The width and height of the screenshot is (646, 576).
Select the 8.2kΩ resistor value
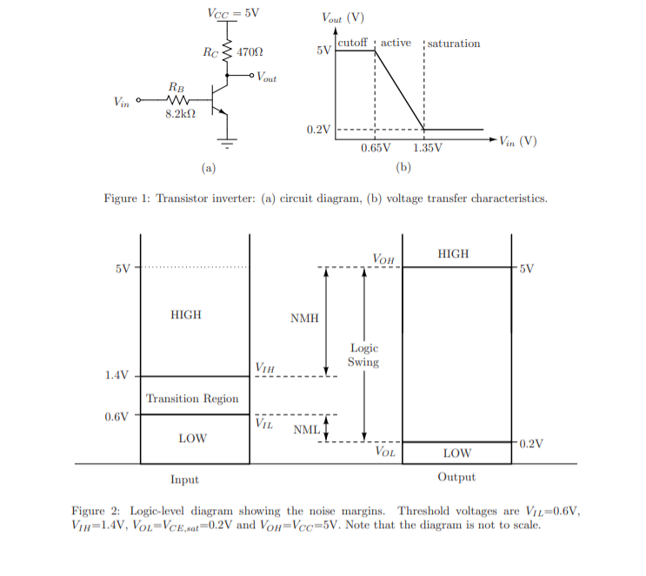click(180, 114)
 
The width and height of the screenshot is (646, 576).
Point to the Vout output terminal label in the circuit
click(265, 77)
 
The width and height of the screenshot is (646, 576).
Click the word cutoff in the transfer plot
click(352, 44)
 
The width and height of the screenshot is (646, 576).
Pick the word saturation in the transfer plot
click(454, 44)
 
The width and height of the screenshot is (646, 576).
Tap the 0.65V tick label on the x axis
click(376, 147)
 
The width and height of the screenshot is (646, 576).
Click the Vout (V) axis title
click(343, 17)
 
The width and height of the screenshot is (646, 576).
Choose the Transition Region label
click(192, 399)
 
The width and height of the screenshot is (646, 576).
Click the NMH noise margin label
click(304, 318)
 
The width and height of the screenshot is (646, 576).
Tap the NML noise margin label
click(305, 429)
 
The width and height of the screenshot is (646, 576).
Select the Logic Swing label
click(363, 355)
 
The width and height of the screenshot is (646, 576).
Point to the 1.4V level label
click(117, 376)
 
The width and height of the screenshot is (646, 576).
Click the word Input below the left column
click(184, 479)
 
